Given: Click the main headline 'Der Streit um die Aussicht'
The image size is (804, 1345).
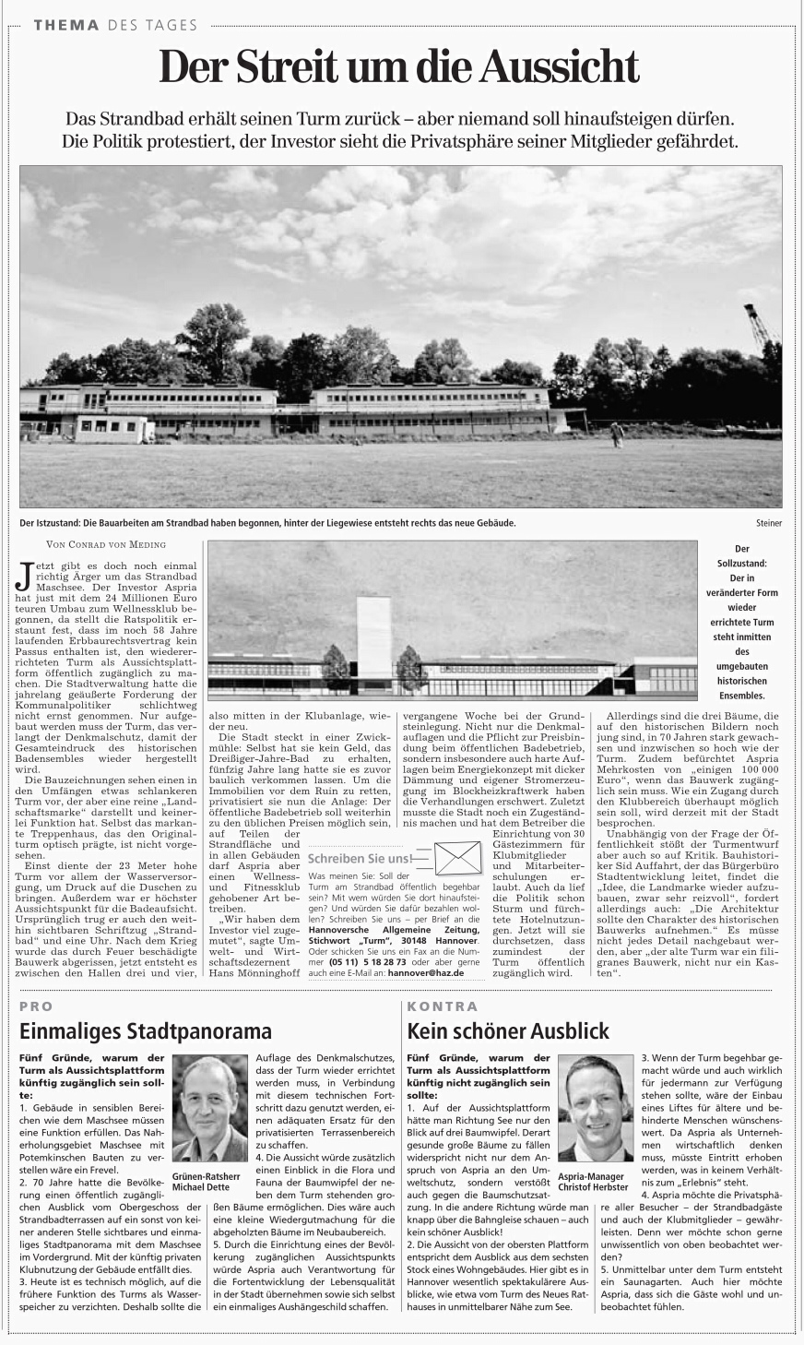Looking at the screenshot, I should tap(399, 66).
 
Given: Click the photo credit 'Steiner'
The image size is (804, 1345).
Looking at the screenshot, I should tap(768, 523).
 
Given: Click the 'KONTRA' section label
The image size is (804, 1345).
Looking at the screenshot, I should tap(443, 1006).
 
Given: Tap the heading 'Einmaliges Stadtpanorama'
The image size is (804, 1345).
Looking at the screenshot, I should tap(146, 1030).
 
